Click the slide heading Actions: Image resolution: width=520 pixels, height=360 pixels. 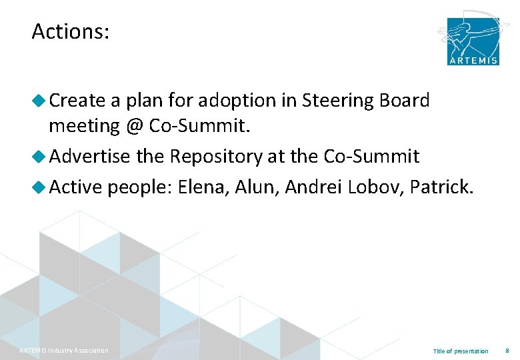(x=70, y=31)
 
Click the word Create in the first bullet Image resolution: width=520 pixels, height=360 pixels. (x=77, y=101)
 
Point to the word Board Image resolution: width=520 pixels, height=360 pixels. (x=404, y=101)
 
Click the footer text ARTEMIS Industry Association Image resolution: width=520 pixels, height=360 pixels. (x=64, y=351)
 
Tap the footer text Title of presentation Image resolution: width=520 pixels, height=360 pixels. (x=461, y=351)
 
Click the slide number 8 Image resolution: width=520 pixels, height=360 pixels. (x=507, y=351)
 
